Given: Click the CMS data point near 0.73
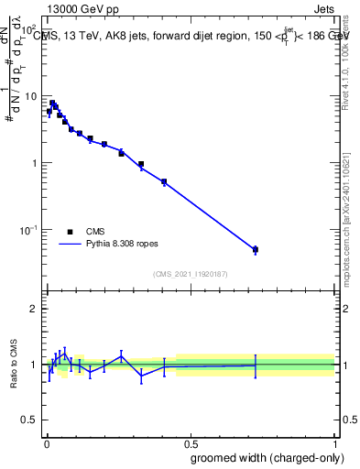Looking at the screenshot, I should [256, 249].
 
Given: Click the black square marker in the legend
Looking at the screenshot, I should [70, 232].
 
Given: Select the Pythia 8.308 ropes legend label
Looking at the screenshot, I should [124, 245].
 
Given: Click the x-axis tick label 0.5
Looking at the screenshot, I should [191, 443].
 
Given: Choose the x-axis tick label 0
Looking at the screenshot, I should [46, 443].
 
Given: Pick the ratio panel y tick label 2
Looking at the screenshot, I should [34, 309].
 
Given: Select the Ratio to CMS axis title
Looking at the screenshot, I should [15, 364].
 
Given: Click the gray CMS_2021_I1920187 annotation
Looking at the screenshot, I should [191, 275].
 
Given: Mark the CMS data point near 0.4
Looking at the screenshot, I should [164, 181].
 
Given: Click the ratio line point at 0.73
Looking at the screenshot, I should [256, 365].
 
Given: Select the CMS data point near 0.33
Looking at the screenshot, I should [141, 165].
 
